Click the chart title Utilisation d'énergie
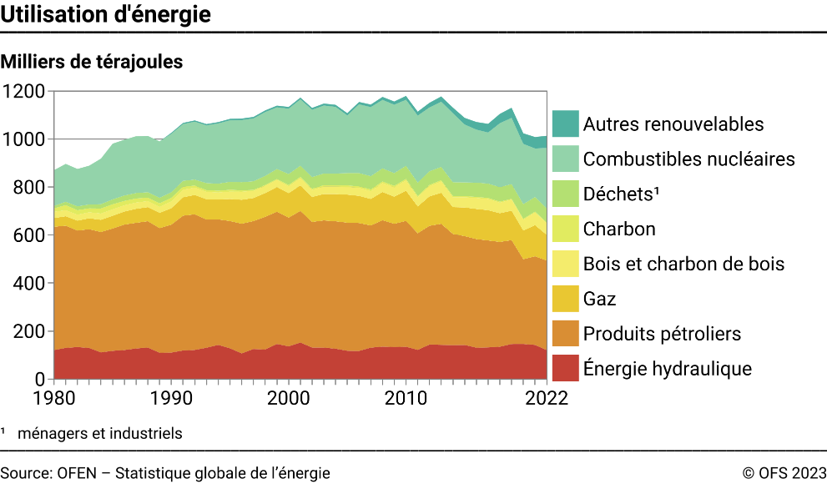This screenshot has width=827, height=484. (x=105, y=15)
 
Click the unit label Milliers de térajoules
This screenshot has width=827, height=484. (x=92, y=62)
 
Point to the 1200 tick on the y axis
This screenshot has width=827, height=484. (x=24, y=91)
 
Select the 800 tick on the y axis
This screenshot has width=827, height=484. (x=29, y=188)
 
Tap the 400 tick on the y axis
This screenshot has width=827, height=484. (x=29, y=284)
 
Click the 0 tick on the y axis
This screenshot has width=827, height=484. (x=40, y=381)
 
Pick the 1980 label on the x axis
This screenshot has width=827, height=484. (x=53, y=399)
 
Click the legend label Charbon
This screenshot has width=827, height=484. (x=619, y=229)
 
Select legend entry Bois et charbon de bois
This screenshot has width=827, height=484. (x=683, y=264)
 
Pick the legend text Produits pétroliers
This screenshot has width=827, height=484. (x=662, y=334)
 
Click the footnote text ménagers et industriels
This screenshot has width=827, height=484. (x=99, y=433)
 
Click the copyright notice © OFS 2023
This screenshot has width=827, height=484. (x=784, y=473)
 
